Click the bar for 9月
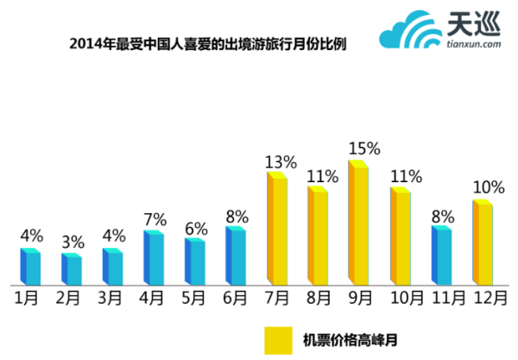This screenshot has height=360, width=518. (x=359, y=223)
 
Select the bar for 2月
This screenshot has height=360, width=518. (x=73, y=269)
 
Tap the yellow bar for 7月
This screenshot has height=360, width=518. (x=277, y=229)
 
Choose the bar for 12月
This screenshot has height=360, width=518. (x=483, y=243)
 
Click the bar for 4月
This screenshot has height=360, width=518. (x=155, y=257)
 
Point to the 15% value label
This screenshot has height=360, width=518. (x=363, y=148)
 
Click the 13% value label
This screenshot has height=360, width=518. (x=281, y=161)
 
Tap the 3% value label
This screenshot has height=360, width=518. (x=73, y=242)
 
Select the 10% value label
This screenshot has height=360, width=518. (x=486, y=187)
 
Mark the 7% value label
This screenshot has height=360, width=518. (x=155, y=218)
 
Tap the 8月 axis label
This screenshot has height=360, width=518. (x=319, y=298)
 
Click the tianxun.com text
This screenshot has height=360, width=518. (x=474, y=48)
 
